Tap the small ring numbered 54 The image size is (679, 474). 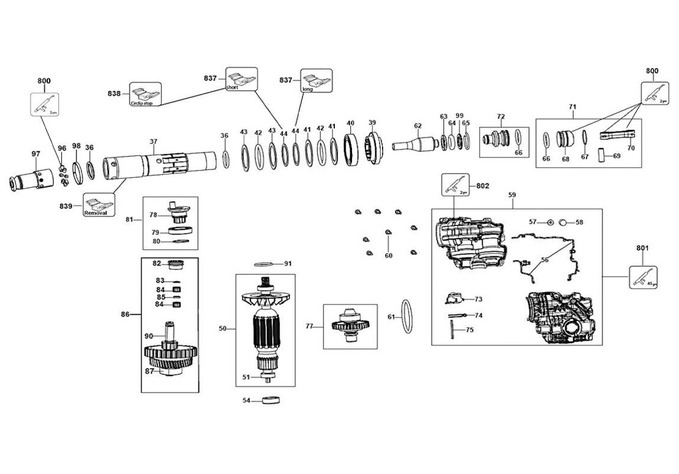tap(270, 401)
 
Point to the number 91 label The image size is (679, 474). tap(288, 263)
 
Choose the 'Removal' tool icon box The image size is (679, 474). tap(99, 205)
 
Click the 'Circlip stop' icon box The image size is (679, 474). tap(145, 94)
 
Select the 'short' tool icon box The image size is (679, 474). tap(241, 79)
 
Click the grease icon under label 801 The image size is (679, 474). tap(643, 277)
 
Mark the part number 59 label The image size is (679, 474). tap(512, 195)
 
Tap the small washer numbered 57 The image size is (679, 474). tap(550, 222)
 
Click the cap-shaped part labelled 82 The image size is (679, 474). tap(176, 265)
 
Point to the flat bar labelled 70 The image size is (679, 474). tap(617, 135)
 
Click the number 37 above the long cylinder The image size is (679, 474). tap(153, 141)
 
